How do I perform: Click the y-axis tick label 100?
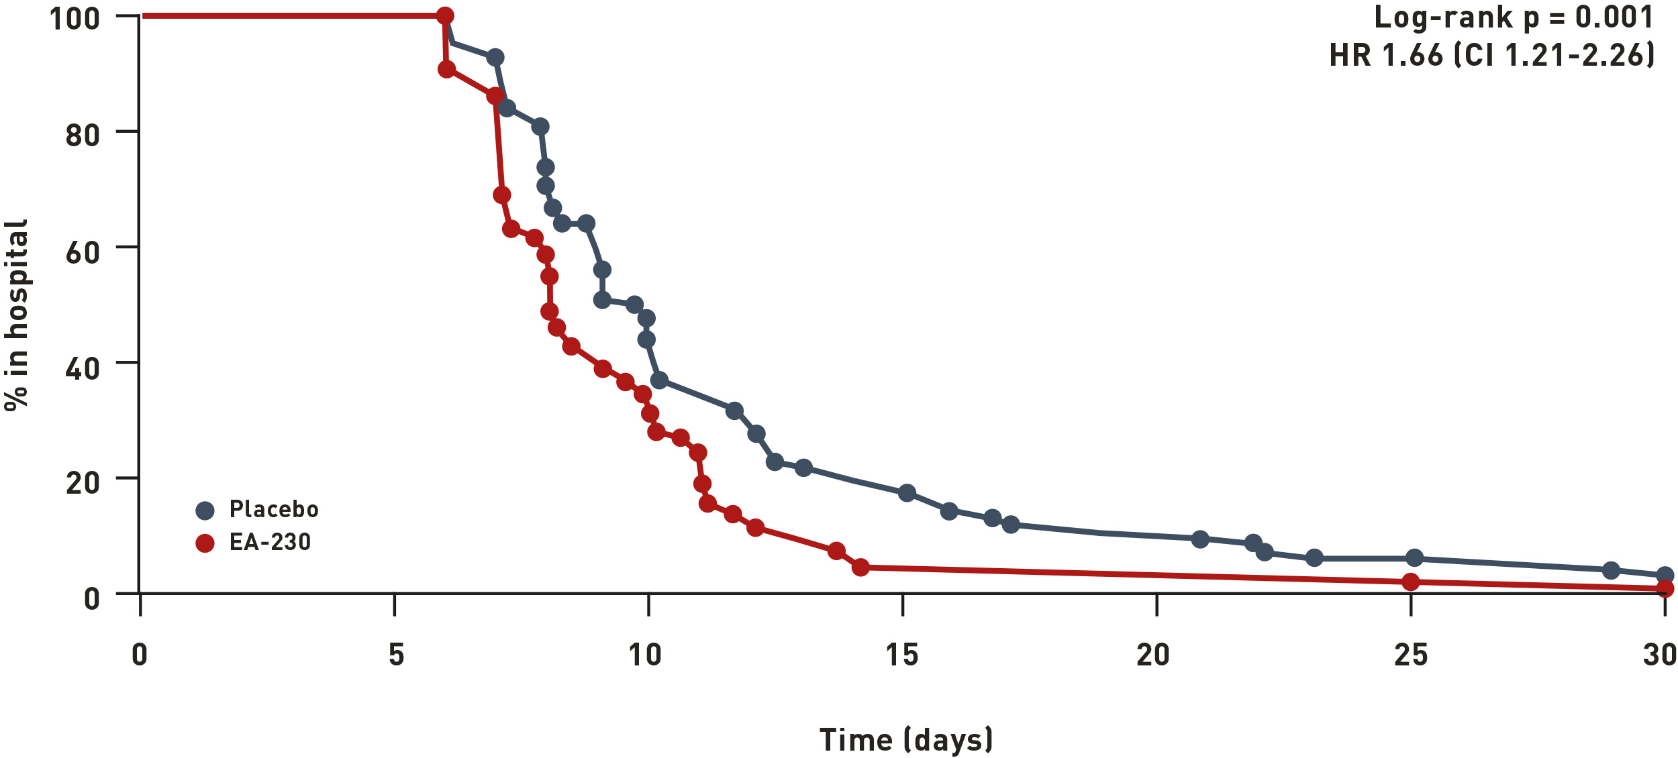[x=75, y=18]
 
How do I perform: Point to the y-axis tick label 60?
[x=83, y=253]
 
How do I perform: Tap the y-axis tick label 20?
[x=83, y=483]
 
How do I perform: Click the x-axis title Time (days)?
[x=905, y=740]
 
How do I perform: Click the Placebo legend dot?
[x=205, y=510]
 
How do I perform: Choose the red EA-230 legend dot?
[x=205, y=543]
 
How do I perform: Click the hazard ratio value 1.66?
[x=1412, y=55]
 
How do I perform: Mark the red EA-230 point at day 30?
[x=1665, y=588]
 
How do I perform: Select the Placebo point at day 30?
[x=1665, y=575]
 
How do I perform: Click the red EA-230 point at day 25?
[x=1411, y=582]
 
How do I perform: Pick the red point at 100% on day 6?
[x=444, y=15]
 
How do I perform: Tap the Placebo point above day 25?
[x=1414, y=557]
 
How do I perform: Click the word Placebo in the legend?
[x=274, y=509]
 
